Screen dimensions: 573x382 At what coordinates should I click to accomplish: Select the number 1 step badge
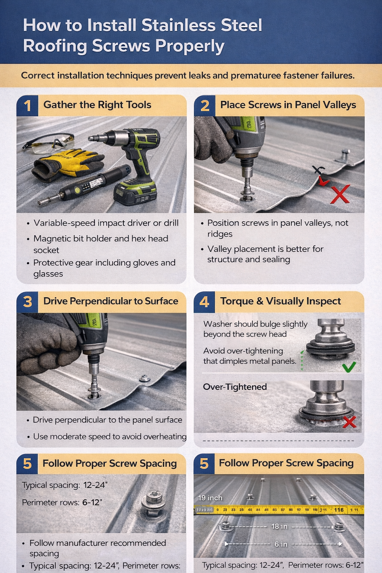27,106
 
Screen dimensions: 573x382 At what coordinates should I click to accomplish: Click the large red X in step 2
340,194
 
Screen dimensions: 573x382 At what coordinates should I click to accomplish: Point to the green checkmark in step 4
349,367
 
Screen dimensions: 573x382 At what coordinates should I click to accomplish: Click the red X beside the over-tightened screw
349,422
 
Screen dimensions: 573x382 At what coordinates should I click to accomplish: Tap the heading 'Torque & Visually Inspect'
280,301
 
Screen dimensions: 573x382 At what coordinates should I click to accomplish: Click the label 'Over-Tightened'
235,387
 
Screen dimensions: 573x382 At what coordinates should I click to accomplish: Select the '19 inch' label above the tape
210,498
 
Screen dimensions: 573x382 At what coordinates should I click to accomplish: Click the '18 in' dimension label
279,526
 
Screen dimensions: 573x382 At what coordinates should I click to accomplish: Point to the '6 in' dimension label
281,544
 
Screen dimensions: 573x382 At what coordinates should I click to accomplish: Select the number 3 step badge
27,302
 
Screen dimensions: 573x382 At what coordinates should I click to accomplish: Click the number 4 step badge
204,301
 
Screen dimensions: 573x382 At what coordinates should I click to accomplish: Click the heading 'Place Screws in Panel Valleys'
288,105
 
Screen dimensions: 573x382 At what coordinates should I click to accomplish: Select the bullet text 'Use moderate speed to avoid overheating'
110,436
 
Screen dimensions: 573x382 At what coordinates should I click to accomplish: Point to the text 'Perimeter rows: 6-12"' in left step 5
62,502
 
